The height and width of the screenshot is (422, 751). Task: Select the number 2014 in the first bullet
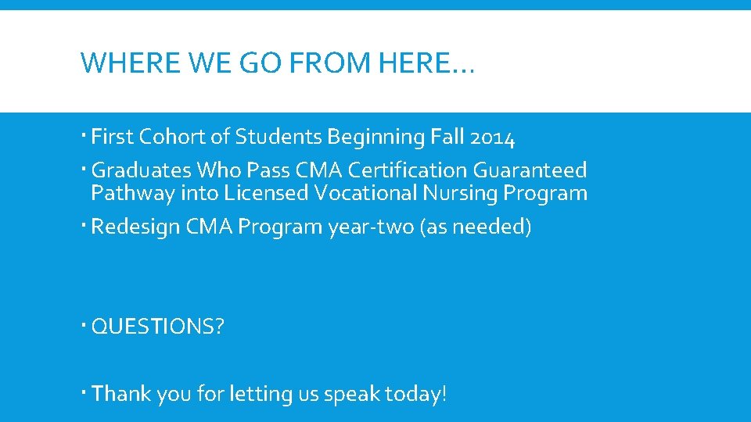click(x=493, y=138)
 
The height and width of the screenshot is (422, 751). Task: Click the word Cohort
click(x=171, y=138)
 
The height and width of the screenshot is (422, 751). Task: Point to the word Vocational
click(x=362, y=193)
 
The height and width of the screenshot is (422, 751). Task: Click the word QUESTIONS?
click(x=157, y=326)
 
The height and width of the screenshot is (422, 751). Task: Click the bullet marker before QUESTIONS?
click(x=84, y=325)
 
